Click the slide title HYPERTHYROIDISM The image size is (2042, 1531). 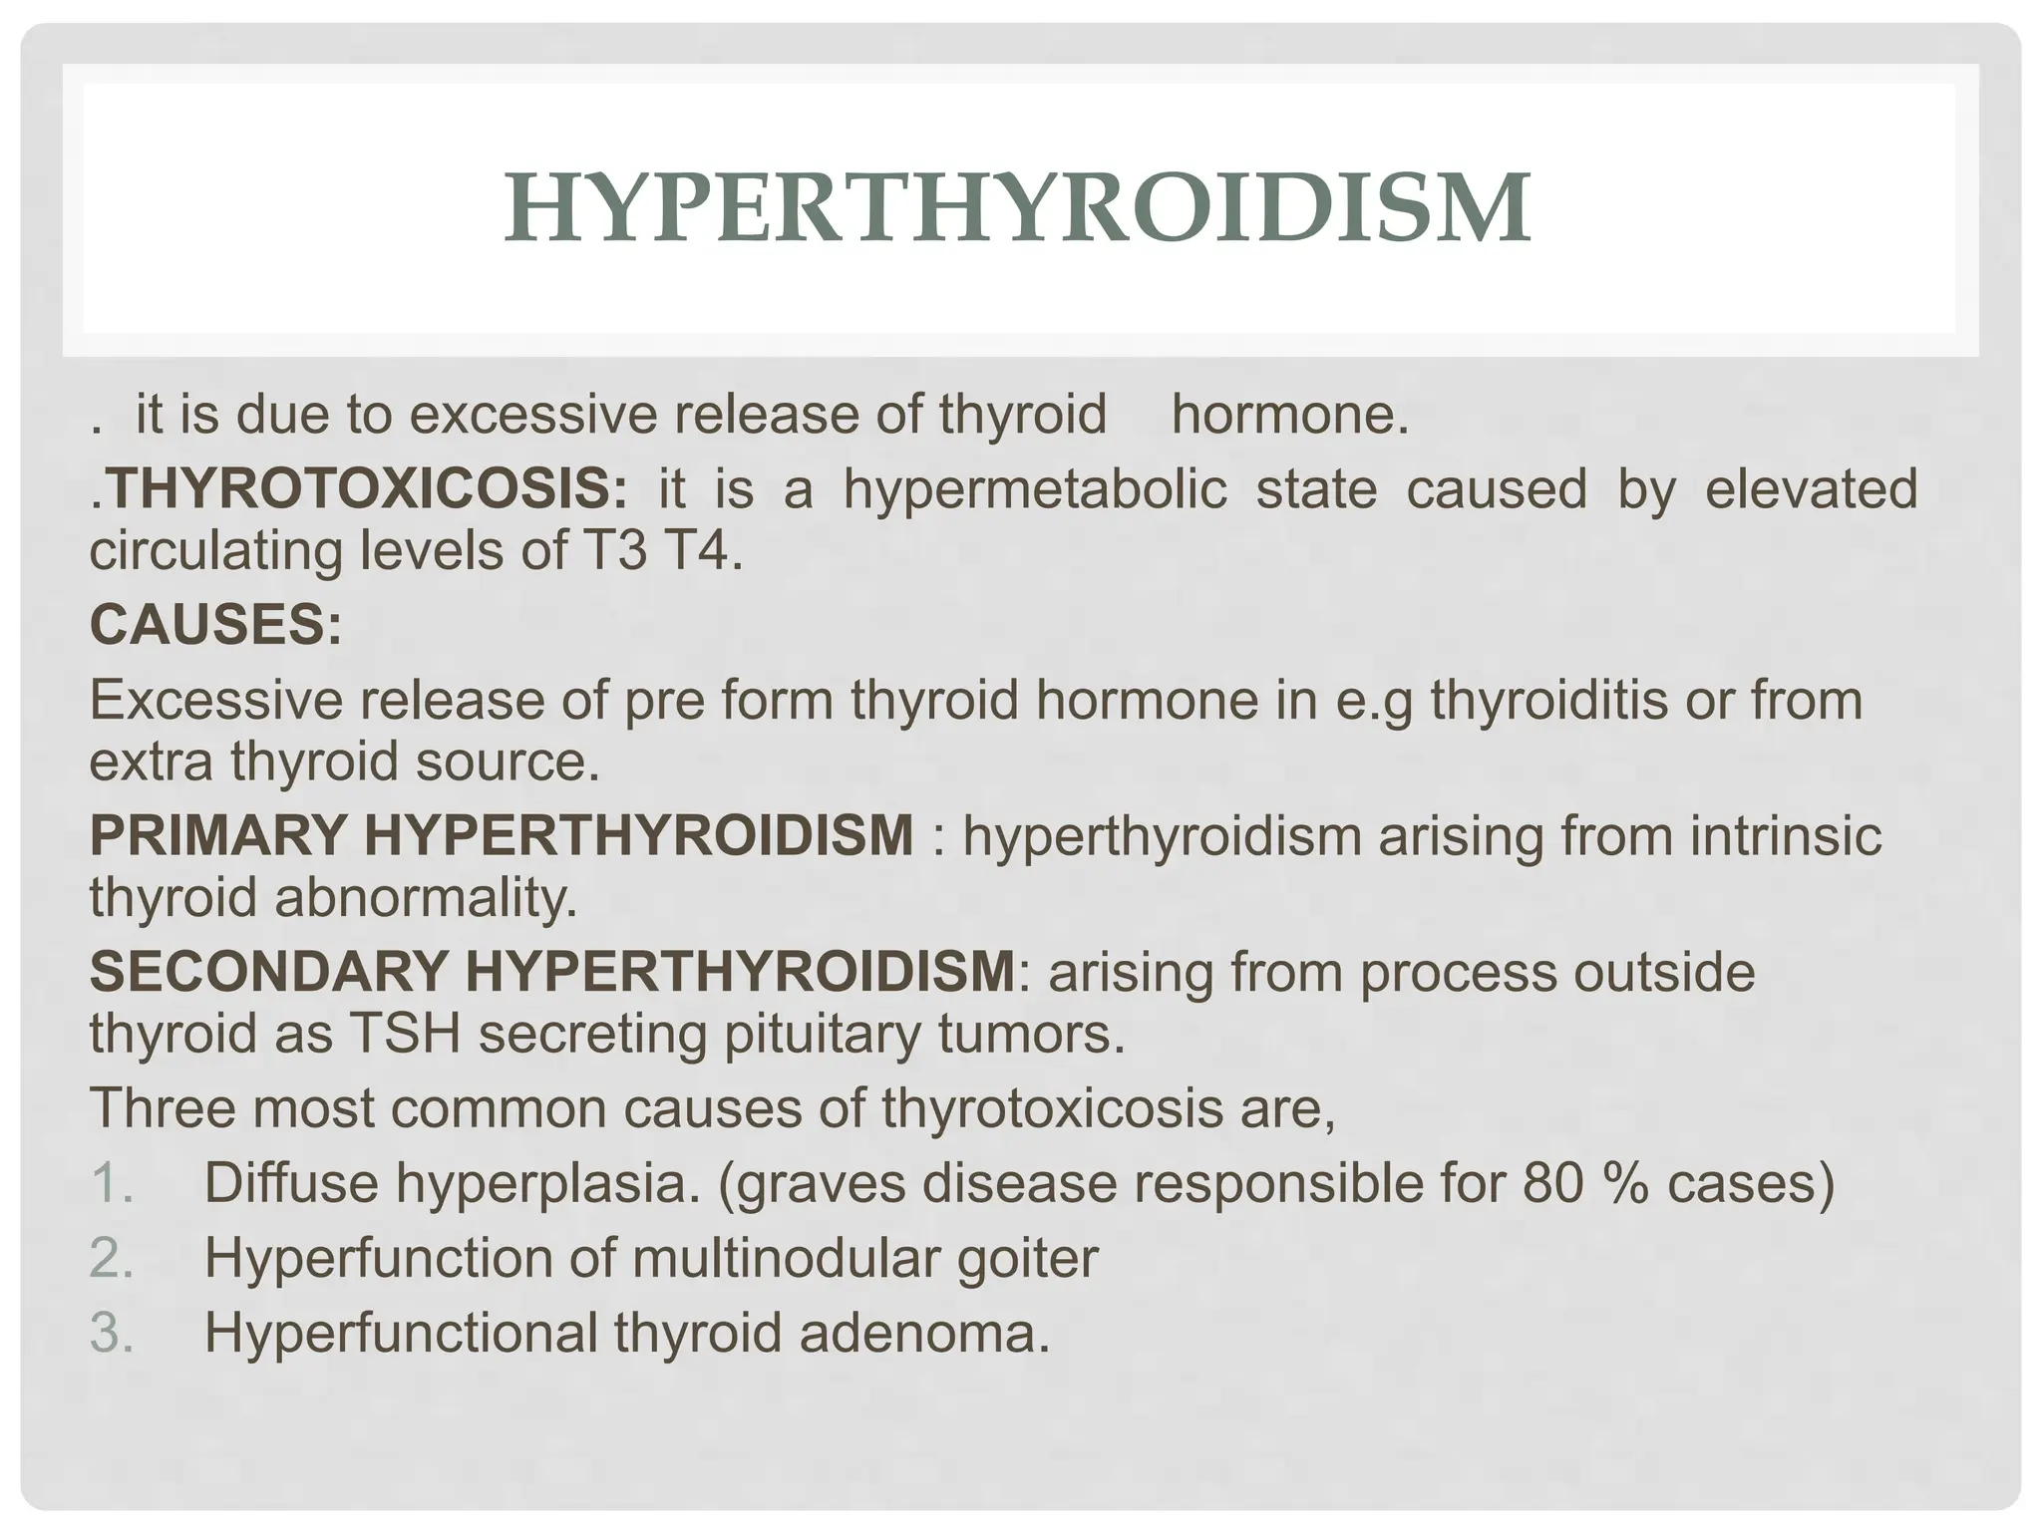1017,208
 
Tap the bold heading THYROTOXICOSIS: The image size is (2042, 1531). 366,489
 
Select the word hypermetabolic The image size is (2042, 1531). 1035,489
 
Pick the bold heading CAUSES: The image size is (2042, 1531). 215,625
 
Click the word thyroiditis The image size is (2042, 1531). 1548,700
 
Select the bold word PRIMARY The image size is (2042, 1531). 218,835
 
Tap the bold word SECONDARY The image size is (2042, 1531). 267,972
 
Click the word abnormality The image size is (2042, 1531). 426,897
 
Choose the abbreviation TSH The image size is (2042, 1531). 405,1034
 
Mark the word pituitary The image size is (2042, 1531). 822,1034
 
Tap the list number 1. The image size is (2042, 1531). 111,1183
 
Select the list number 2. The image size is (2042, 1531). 111,1258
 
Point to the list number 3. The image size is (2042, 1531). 111,1333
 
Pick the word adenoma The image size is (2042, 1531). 924,1333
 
